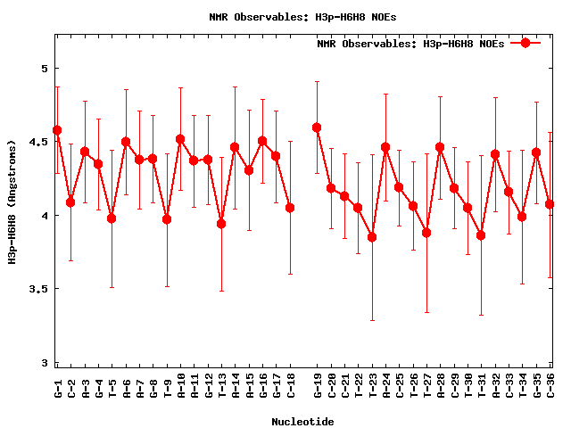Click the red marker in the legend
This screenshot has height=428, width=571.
tap(525, 43)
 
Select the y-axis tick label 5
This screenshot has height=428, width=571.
tap(44, 69)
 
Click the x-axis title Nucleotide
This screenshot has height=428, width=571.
tap(303, 422)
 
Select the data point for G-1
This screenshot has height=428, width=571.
tap(57, 130)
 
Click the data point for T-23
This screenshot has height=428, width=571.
tap(372, 237)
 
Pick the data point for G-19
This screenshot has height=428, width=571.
tap(317, 128)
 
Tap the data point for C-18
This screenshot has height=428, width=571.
tap(290, 208)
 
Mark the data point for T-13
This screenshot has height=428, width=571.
tap(221, 223)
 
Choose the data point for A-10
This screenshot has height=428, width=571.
tap(180, 139)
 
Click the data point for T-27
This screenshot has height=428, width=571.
tap(426, 233)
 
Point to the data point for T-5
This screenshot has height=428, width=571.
tap(112, 218)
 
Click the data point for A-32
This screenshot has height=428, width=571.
tap(495, 154)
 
